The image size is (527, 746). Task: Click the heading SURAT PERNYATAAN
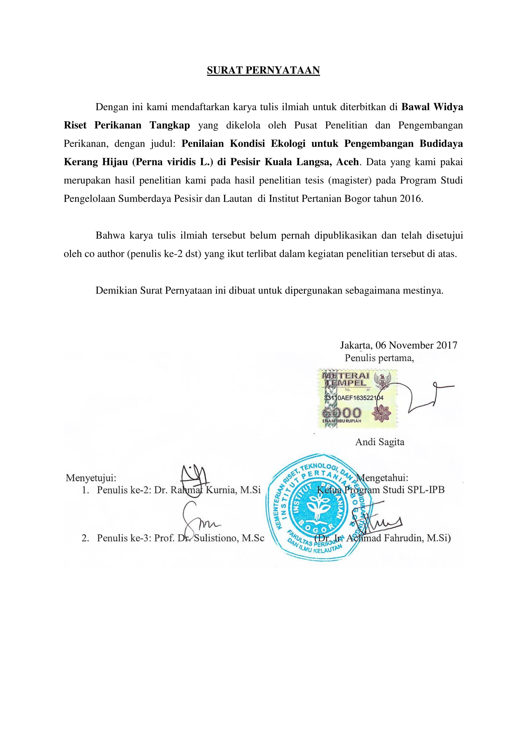click(263, 70)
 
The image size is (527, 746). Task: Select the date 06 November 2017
click(416, 345)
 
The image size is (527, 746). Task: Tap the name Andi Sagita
click(380, 442)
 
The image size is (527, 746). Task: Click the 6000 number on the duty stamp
click(341, 413)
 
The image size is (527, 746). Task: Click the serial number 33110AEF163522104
click(354, 398)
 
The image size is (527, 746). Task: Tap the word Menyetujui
click(91, 478)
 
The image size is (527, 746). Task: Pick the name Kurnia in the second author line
click(221, 490)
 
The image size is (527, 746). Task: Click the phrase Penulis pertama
click(379, 358)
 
